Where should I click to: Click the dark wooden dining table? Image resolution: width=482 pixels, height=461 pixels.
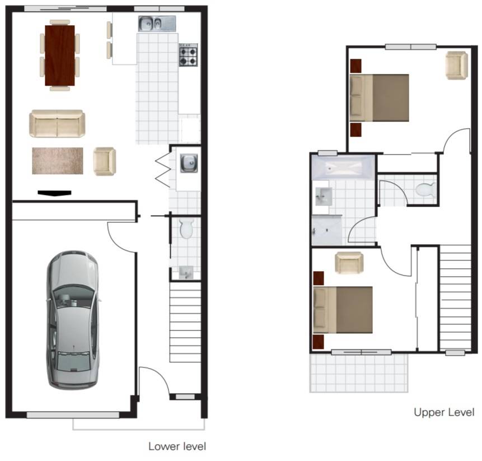click(x=59, y=55)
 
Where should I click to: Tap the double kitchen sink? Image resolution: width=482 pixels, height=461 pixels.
click(x=157, y=24)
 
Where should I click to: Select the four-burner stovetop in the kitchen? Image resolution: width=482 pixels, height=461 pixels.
click(x=188, y=54)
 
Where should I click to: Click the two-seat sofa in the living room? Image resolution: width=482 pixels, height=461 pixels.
click(x=57, y=124)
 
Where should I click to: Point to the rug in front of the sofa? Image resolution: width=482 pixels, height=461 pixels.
click(x=57, y=161)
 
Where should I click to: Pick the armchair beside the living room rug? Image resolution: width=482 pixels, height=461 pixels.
click(x=104, y=161)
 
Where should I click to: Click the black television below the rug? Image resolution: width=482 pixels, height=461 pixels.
click(x=54, y=193)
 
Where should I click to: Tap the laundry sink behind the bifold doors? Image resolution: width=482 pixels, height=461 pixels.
click(x=189, y=163)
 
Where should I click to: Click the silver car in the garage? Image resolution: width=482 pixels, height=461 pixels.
click(x=72, y=319)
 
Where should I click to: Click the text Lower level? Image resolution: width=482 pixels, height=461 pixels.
click(x=177, y=446)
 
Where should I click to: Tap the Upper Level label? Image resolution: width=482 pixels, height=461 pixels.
click(x=444, y=412)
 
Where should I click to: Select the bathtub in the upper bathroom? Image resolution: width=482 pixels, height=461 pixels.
click(x=343, y=167)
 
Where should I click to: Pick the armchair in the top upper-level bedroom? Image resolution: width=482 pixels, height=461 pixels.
click(x=456, y=65)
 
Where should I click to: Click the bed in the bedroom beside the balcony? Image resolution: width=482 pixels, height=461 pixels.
click(x=343, y=310)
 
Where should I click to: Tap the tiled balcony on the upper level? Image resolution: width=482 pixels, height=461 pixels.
click(x=358, y=372)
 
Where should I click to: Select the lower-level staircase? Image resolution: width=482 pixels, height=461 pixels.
click(x=185, y=322)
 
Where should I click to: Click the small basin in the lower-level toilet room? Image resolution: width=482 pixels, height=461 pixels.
click(x=186, y=273)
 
